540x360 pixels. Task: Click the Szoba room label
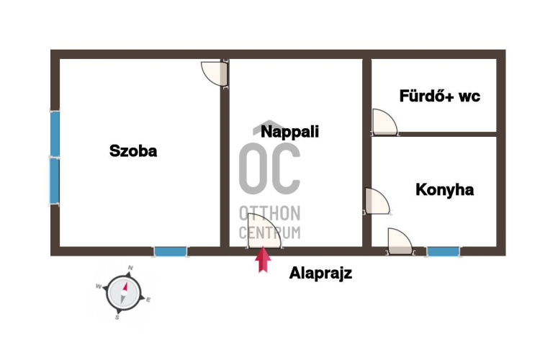pos(133,151)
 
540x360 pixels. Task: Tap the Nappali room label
pos(289,132)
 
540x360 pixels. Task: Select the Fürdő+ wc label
pos(439,96)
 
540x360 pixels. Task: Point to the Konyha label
pos(445,190)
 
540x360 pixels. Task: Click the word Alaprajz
pos(320,273)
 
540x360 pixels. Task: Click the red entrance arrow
pos(263,260)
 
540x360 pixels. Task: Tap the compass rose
pos(124,293)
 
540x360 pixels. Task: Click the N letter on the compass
pos(130,268)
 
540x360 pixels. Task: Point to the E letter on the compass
pos(148,300)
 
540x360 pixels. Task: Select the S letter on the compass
pos(117,318)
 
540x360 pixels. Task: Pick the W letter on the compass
pos(99,287)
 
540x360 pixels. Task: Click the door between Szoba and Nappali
pos(214,73)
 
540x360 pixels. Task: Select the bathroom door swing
pos(385,122)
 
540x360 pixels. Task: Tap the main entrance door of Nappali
pos(264,231)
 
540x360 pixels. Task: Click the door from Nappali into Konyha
pos(377,201)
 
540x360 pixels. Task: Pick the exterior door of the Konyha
pos(400,241)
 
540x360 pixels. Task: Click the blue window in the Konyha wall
pos(443,252)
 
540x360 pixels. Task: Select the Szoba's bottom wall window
pos(171,252)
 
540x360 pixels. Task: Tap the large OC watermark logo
pos(270,168)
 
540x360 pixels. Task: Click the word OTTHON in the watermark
pos(270,213)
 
